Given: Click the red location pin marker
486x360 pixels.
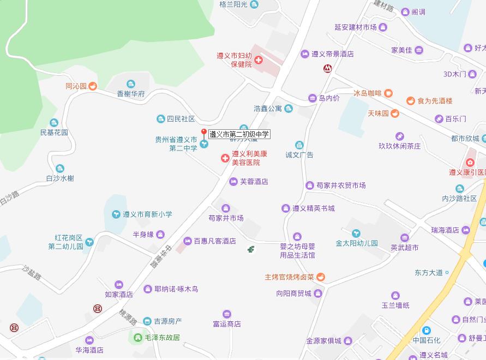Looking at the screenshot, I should (x=204, y=133).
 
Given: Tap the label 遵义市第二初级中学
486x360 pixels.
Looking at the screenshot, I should (x=239, y=134).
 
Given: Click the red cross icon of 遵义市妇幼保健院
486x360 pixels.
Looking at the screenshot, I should (x=258, y=59).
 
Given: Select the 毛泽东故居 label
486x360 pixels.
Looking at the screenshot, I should (x=162, y=338).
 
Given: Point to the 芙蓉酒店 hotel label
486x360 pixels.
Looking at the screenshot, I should (x=254, y=182).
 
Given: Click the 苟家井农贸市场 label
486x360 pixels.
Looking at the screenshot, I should (x=341, y=185).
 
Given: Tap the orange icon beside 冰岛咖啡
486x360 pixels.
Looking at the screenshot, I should (x=388, y=93).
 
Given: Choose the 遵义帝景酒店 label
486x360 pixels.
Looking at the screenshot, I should (x=332, y=54).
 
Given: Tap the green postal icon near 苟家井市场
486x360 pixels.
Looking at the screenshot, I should (x=250, y=249).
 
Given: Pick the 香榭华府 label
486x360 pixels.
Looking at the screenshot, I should (x=131, y=94).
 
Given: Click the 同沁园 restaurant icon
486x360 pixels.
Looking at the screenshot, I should (x=93, y=86).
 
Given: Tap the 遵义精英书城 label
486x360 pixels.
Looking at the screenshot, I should (x=313, y=208).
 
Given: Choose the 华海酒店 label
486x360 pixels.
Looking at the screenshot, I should (x=89, y=350).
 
